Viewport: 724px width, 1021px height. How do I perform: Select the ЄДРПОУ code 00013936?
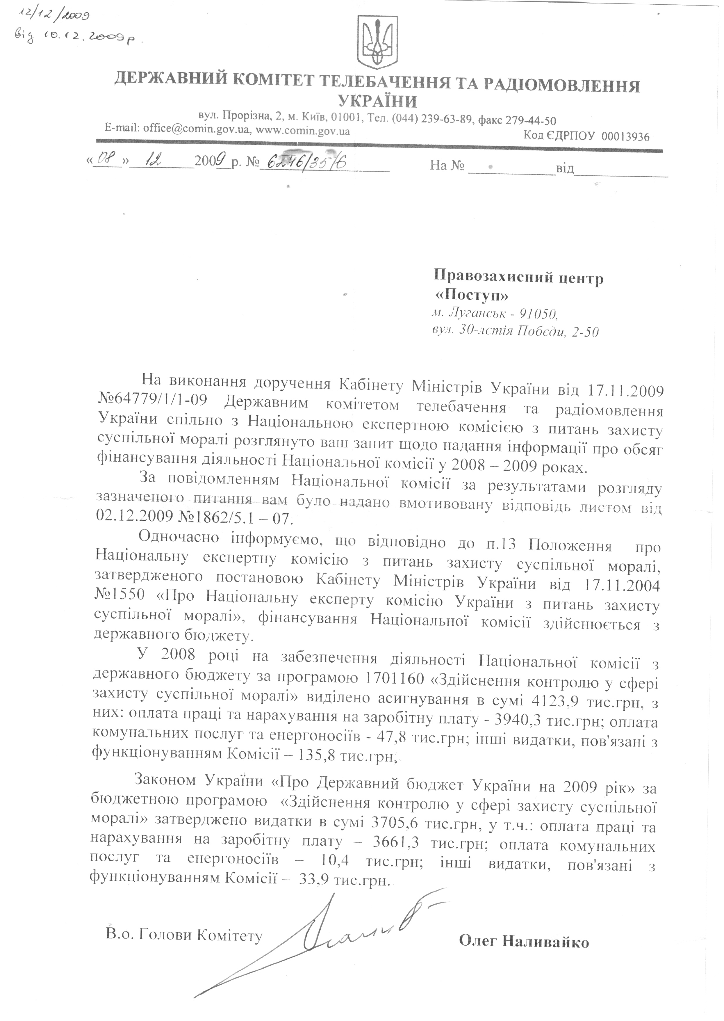[x=625, y=136]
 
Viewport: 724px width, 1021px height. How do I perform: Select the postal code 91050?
[x=535, y=314]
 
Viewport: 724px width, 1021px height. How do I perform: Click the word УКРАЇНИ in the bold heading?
[x=377, y=102]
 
